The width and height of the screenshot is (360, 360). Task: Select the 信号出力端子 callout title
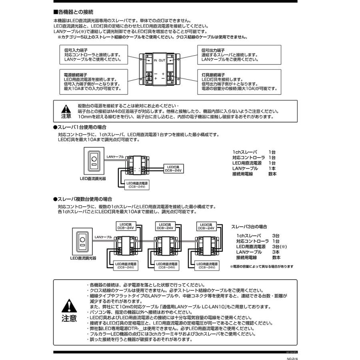(x=213, y=50)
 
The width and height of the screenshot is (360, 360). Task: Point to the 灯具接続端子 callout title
(x=213, y=74)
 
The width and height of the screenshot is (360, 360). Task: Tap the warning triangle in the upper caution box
(x=66, y=109)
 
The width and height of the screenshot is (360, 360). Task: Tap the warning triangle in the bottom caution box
(x=68, y=306)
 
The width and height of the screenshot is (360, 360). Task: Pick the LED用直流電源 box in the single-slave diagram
(x=136, y=185)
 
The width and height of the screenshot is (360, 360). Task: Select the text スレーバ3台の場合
(x=249, y=226)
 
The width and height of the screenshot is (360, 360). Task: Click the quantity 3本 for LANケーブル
(x=276, y=252)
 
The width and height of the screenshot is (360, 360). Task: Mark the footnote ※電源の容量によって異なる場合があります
(x=262, y=266)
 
